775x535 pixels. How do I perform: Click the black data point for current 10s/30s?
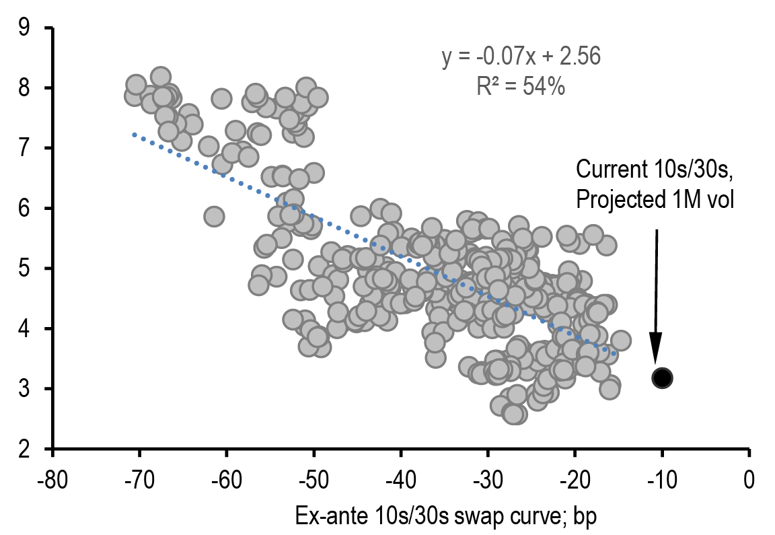click(662, 378)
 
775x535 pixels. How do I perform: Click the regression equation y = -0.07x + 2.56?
click(521, 57)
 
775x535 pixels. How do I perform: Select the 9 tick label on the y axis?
click(25, 28)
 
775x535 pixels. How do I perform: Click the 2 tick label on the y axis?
click(25, 449)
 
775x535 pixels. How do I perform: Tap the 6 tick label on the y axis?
click(25, 209)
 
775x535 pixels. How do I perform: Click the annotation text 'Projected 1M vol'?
click(654, 200)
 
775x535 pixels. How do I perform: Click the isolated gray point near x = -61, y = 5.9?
click(214, 216)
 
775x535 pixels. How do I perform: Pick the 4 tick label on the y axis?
click(25, 329)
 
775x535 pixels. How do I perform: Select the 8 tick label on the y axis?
click(25, 88)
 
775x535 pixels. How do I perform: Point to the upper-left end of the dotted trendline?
click(135, 135)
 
